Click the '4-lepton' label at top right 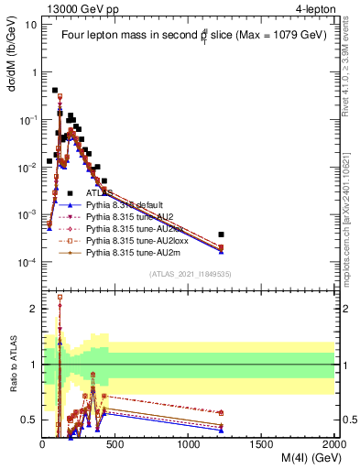[x=310, y=8]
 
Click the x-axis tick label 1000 [x=189, y=443]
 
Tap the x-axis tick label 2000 [x=333, y=443]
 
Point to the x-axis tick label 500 [x=115, y=443]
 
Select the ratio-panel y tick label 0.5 [x=29, y=420]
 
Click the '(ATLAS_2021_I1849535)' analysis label [x=189, y=273]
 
